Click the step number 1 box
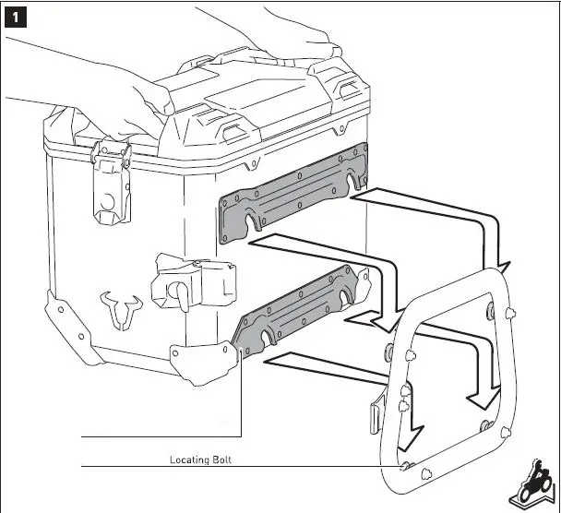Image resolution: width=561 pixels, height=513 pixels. [16, 17]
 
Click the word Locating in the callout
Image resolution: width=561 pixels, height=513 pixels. [191, 459]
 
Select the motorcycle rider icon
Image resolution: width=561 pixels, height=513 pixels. [537, 486]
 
